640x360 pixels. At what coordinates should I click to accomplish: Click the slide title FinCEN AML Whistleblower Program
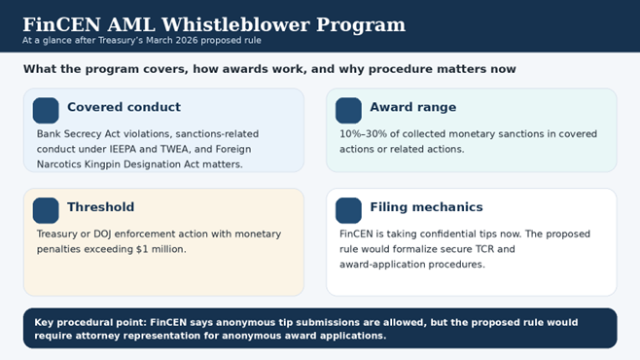[x=214, y=24]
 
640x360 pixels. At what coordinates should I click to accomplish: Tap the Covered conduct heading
[x=124, y=108]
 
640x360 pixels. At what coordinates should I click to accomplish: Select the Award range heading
[x=412, y=108]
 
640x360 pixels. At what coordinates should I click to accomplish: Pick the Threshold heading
[x=100, y=207]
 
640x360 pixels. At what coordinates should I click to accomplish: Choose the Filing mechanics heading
[x=426, y=207]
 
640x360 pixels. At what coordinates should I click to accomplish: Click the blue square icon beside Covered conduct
[x=46, y=110]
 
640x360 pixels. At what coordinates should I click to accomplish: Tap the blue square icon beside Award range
[x=348, y=110]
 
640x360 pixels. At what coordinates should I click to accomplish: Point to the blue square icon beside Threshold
[x=46, y=210]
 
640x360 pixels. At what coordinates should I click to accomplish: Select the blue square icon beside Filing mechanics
[x=348, y=210]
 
